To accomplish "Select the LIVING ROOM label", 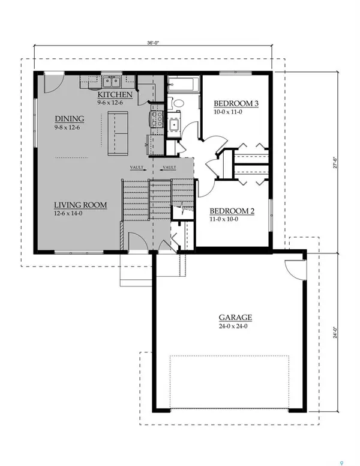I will point(80,205).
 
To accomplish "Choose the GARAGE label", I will point(235,317).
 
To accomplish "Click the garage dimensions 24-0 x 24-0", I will point(235,327).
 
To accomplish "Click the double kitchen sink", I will point(110,82).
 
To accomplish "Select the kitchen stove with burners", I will point(157,120).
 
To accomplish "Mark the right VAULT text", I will point(169,168).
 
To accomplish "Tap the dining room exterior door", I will point(54,83).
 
